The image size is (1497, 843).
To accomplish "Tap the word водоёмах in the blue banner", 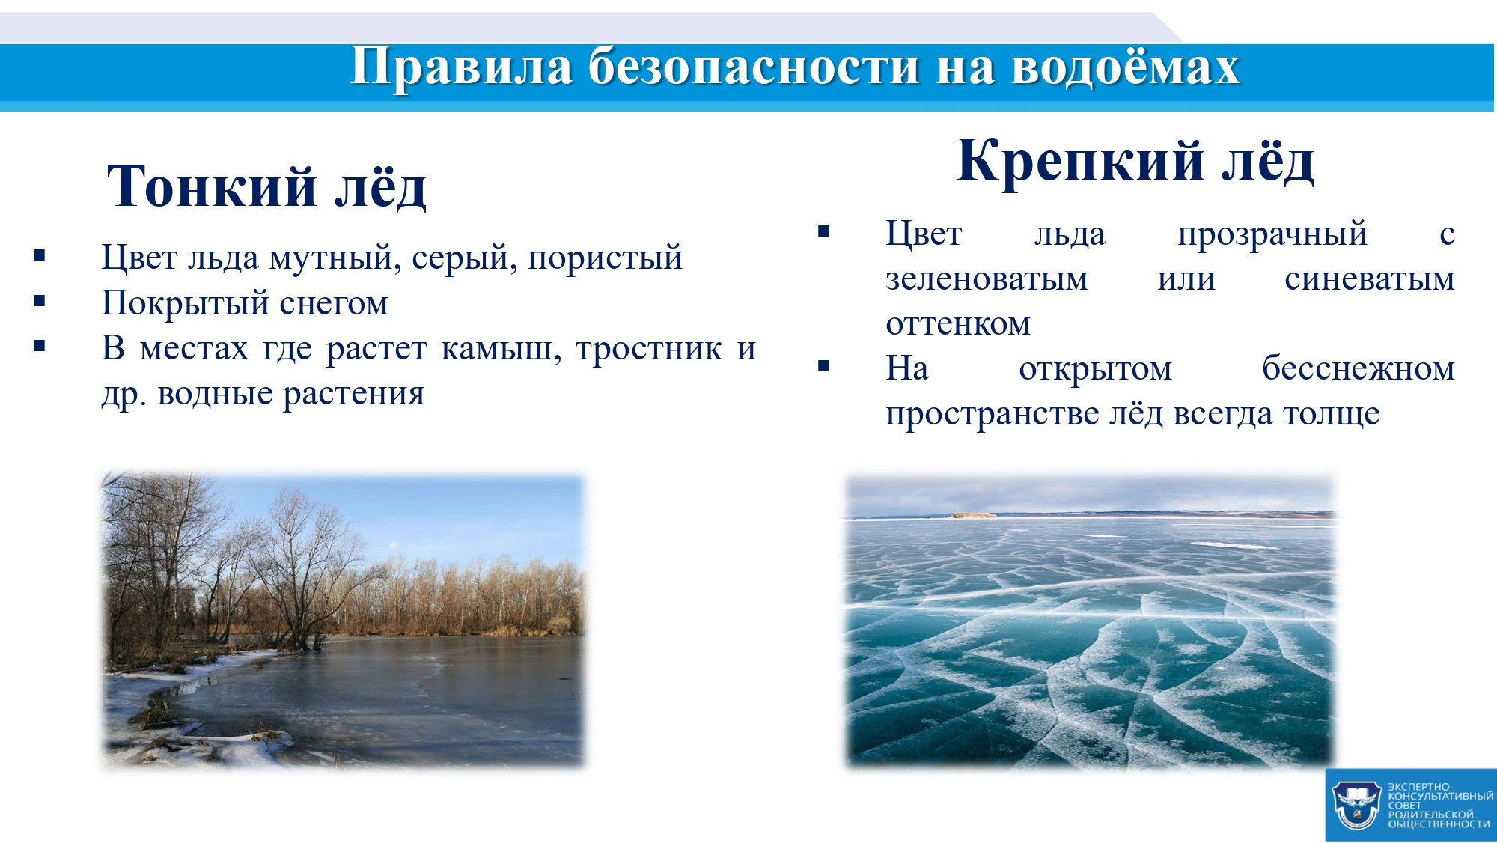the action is [x=1125, y=66].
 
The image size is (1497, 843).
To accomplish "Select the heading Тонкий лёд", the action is [x=266, y=186].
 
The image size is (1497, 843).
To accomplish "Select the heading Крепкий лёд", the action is [x=1135, y=160].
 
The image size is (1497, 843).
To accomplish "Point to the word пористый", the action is [x=605, y=258].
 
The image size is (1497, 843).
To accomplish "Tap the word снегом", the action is [x=334, y=304].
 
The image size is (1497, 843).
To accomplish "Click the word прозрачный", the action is [x=1272, y=234].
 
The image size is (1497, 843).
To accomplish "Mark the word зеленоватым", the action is [x=987, y=280].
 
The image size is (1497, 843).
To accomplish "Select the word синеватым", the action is [x=1370, y=280].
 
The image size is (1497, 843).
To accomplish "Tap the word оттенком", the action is [x=958, y=325].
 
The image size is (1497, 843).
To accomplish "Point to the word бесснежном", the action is [x=1359, y=368].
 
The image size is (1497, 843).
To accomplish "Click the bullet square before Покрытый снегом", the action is [x=40, y=302].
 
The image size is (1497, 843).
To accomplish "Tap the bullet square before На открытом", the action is [x=824, y=366].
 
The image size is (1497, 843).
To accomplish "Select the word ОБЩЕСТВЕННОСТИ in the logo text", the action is [x=1439, y=824].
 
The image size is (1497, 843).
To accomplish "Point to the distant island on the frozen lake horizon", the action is [x=974, y=515].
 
